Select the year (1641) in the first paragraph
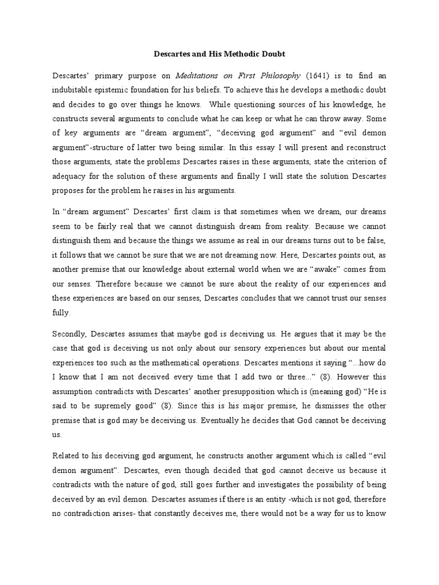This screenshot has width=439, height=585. tap(318, 74)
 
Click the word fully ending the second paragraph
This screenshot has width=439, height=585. tap(61, 312)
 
